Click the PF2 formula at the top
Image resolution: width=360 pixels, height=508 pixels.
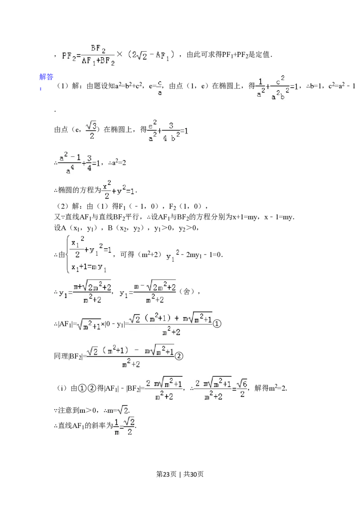117,56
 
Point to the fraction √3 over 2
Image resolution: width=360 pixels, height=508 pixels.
90,130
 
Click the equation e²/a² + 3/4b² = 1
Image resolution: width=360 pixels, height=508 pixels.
167,130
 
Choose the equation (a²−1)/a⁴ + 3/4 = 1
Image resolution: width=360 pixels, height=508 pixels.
78,162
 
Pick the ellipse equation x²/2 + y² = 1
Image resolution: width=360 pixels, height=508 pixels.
119,189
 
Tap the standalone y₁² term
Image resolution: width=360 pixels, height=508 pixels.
171,257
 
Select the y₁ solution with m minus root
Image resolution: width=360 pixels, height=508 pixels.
147,292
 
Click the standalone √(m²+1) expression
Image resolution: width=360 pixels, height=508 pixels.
90,325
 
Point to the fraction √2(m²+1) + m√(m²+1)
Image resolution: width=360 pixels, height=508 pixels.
171,324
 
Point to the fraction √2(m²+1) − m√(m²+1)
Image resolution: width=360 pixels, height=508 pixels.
131,356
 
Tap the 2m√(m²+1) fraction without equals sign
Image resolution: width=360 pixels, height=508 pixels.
163,389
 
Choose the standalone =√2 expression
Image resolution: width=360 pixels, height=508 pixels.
122,410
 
